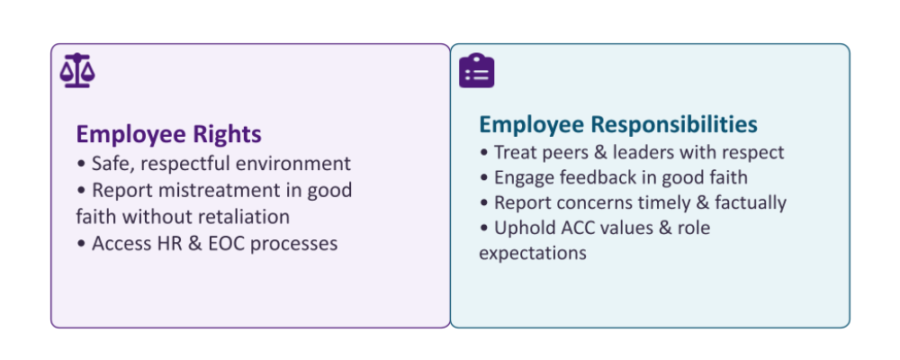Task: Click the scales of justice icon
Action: pos(77,70)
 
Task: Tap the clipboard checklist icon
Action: pos(476,70)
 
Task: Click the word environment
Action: pos(294,164)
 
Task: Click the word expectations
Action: pos(533,254)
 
